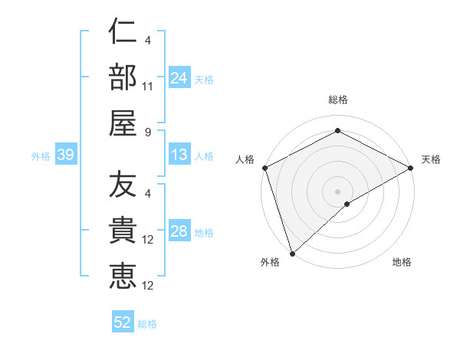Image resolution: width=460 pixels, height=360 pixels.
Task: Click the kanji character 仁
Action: point(123,33)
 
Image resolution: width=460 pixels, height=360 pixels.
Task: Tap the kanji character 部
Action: point(123,77)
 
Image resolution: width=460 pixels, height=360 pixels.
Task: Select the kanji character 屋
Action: point(123,122)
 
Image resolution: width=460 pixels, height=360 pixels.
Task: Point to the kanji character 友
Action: point(123,185)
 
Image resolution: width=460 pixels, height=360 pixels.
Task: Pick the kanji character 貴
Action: point(123,231)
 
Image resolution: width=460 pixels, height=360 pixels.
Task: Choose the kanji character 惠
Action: point(123,275)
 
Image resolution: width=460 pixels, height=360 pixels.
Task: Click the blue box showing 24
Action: point(179,77)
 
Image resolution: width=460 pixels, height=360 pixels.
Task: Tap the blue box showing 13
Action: point(179,155)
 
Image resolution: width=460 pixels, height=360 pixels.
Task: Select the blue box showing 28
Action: point(179,232)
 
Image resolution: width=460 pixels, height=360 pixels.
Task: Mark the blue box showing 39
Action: point(65,155)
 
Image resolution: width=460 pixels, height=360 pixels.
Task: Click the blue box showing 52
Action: point(123,322)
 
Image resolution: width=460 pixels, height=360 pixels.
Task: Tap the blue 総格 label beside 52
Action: point(147,324)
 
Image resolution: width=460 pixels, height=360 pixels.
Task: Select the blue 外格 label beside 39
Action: point(41,156)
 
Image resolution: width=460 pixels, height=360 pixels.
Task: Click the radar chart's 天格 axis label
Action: point(431,159)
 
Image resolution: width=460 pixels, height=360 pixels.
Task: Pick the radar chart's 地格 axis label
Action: point(402,262)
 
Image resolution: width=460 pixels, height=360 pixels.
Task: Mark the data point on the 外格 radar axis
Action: point(292,253)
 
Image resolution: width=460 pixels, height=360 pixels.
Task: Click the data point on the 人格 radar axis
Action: point(264,167)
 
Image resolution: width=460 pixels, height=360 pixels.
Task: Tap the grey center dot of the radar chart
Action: point(337,191)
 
